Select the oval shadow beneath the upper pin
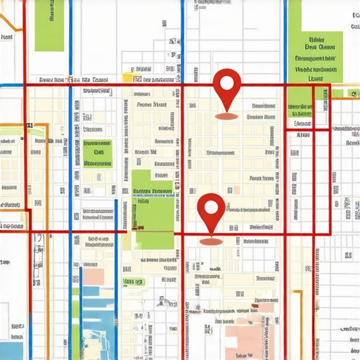(x=226, y=115)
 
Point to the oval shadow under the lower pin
(x=211, y=240)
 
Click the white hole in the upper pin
(x=226, y=83)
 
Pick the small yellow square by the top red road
(x=127, y=78)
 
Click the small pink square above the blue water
(x=93, y=276)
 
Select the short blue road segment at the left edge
(x=8, y=86)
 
